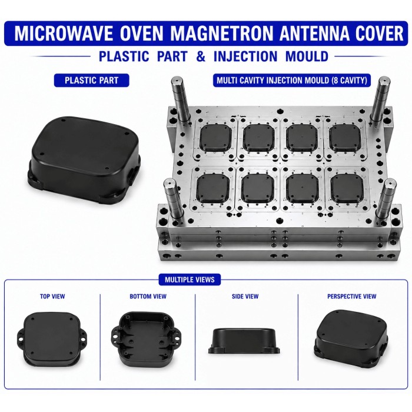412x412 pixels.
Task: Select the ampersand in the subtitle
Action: (x=201, y=57)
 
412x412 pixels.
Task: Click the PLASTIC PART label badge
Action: (x=91, y=81)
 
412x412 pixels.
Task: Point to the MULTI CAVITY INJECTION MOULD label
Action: (x=292, y=80)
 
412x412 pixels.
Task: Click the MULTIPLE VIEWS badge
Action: (x=190, y=280)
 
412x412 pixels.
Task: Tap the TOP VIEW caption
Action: (x=52, y=297)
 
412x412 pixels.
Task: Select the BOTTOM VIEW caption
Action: (x=148, y=297)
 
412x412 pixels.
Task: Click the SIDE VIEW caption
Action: (x=245, y=297)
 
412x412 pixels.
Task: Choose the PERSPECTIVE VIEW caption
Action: (x=351, y=297)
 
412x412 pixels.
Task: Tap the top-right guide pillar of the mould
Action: (x=380, y=98)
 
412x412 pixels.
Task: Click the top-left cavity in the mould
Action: (x=215, y=138)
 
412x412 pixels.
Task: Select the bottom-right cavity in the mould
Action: (x=347, y=188)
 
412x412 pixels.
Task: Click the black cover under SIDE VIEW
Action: (x=244, y=341)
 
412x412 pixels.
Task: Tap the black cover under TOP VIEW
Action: (x=52, y=338)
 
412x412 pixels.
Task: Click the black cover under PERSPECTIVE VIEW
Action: (x=351, y=339)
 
